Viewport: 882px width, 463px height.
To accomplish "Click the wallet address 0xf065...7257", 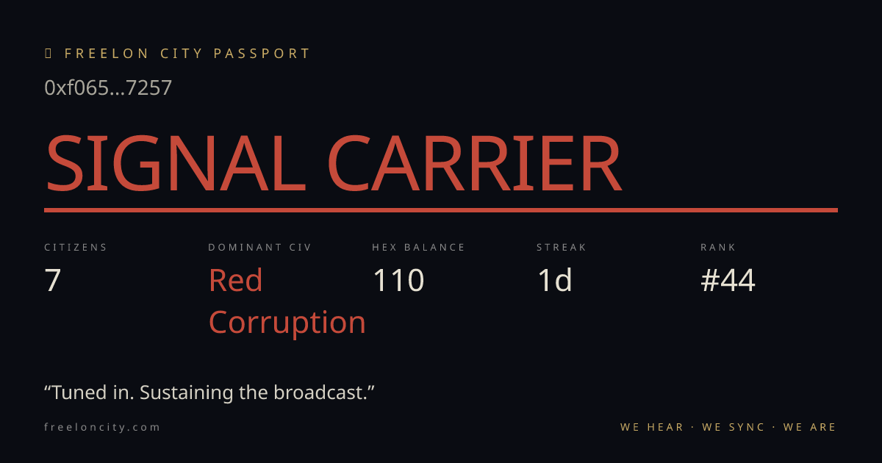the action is [108, 87].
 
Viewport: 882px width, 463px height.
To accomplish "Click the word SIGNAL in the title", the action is [176, 163].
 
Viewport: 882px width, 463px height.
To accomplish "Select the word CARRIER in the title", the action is [475, 163].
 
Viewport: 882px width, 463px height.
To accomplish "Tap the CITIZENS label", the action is [76, 247].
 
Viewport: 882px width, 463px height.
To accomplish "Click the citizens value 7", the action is [52, 280].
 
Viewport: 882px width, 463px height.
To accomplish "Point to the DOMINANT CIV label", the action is [259, 247].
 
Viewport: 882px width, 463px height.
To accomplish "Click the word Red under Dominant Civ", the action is [235, 280].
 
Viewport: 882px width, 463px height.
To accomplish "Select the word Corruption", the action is [287, 323].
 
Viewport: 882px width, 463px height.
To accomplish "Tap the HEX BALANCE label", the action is [418, 247].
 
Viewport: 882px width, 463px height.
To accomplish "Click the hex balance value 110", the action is [398, 280].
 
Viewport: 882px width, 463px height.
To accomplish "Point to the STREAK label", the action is [561, 247].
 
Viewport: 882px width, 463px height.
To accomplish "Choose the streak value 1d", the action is [555, 280].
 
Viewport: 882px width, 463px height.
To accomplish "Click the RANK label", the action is [718, 247].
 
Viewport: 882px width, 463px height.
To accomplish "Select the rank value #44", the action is [728, 280].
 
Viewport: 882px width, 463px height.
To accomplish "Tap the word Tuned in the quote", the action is [79, 392].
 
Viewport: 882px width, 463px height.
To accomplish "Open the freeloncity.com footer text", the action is [102, 427].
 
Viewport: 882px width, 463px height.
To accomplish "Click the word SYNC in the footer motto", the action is [747, 427].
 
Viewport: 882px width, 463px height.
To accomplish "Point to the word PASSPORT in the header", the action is [262, 54].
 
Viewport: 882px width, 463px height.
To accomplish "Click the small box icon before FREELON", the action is [48, 53].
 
